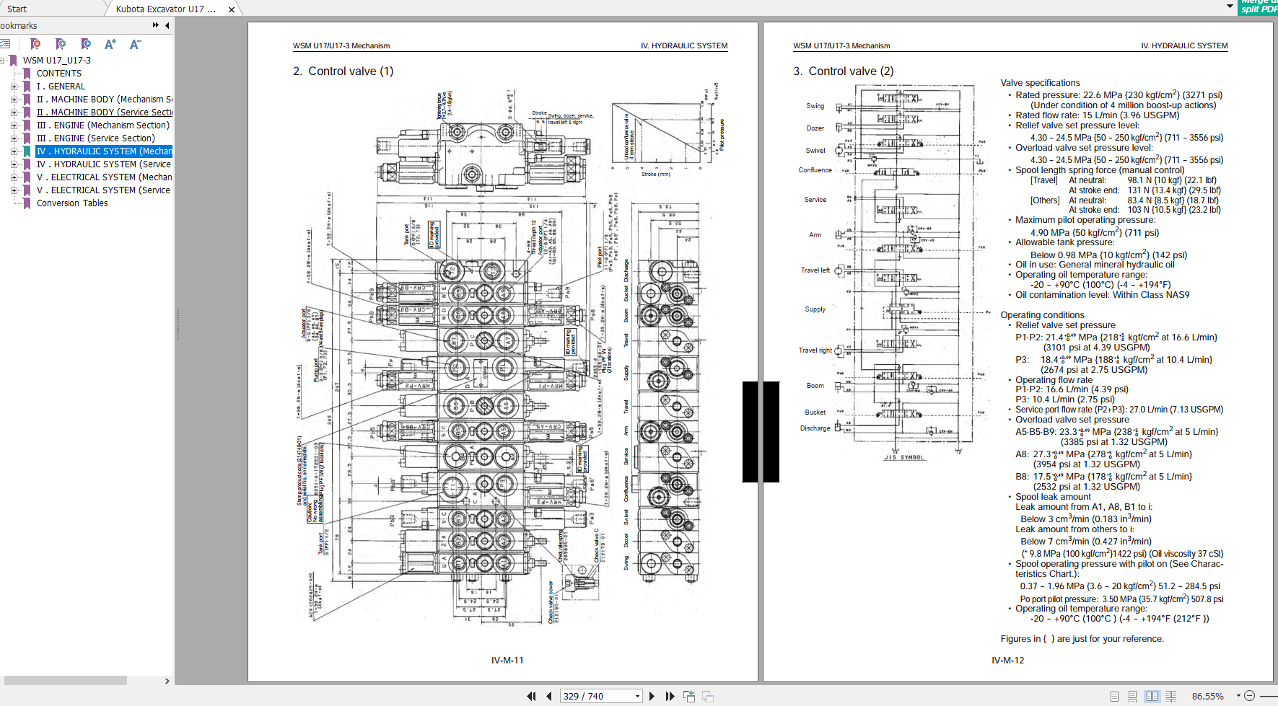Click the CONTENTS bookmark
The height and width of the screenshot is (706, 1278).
pos(59,74)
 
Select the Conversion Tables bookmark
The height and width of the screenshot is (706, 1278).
pos(72,203)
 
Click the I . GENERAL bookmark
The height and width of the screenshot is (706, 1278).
pos(61,87)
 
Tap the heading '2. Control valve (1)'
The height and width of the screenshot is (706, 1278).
pos(343,71)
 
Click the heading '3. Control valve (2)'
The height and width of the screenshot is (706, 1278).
pos(843,71)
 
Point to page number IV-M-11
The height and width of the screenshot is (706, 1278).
pos(507,660)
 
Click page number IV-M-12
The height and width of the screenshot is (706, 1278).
pos(1007,660)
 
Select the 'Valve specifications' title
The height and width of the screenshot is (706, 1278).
pos(1040,83)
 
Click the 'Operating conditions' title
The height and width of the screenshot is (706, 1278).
pos(1042,315)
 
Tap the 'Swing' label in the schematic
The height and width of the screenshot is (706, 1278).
pos(815,106)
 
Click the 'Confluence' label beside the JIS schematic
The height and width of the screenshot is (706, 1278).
pos(815,170)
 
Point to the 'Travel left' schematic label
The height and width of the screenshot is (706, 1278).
pos(815,270)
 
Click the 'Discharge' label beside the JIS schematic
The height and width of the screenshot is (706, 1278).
pos(815,428)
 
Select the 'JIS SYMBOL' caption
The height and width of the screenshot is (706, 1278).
pos(903,457)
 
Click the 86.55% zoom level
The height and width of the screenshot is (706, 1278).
pos(1207,696)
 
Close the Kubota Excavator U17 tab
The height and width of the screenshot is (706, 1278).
pos(231,9)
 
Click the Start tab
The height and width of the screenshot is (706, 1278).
pos(17,9)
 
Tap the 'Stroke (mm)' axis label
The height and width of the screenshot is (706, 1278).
pos(655,174)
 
